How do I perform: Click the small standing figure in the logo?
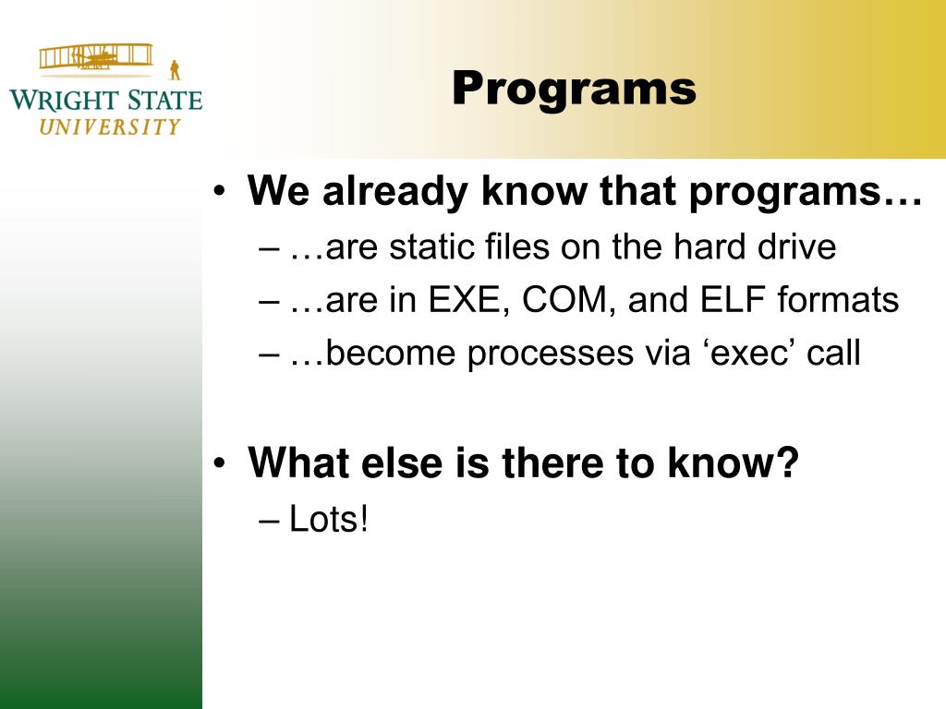(x=175, y=70)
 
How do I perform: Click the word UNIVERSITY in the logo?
(x=110, y=126)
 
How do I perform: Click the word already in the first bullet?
(x=395, y=193)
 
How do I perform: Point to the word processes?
(x=551, y=354)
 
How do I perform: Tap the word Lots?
(x=329, y=519)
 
